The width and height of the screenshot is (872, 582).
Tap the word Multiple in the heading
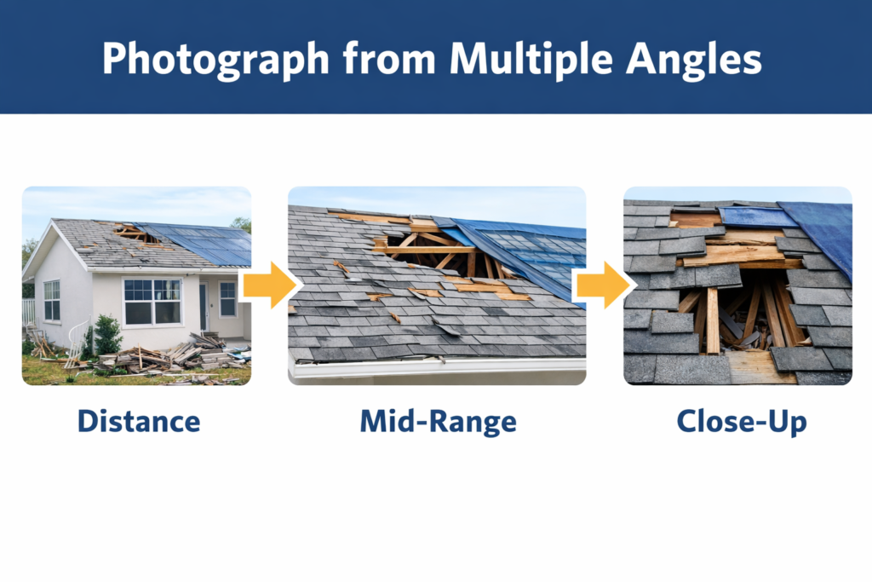[x=523, y=58]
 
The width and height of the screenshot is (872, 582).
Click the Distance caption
[x=138, y=421]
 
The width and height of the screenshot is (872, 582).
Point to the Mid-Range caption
[x=437, y=421]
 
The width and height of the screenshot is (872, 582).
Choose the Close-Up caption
[x=741, y=421]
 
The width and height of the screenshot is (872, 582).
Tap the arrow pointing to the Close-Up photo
[x=603, y=285]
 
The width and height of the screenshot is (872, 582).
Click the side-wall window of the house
[x=52, y=300]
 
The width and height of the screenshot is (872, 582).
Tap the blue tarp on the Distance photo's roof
[x=204, y=245]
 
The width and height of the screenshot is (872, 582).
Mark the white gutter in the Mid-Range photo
[x=434, y=366]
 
